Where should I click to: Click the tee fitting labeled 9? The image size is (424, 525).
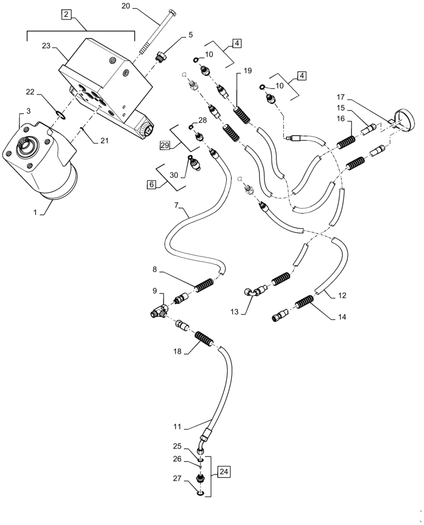point(157,312)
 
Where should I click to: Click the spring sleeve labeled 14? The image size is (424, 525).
point(304,304)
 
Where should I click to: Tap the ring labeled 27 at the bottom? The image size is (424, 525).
point(200,492)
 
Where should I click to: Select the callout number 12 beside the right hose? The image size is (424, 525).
point(342,296)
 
